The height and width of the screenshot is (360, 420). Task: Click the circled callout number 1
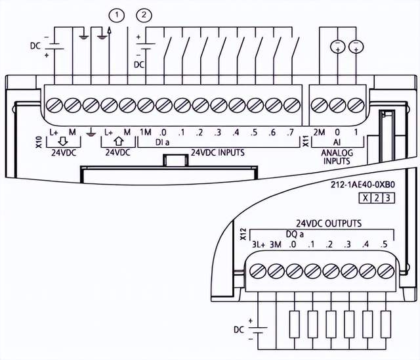pos(117,14)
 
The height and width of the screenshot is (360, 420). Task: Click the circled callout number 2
pos(143,14)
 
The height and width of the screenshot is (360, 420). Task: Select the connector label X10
pos(39,140)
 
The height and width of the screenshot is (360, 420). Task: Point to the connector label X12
pos(243,232)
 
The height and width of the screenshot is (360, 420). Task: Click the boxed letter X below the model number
pos(364,198)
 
